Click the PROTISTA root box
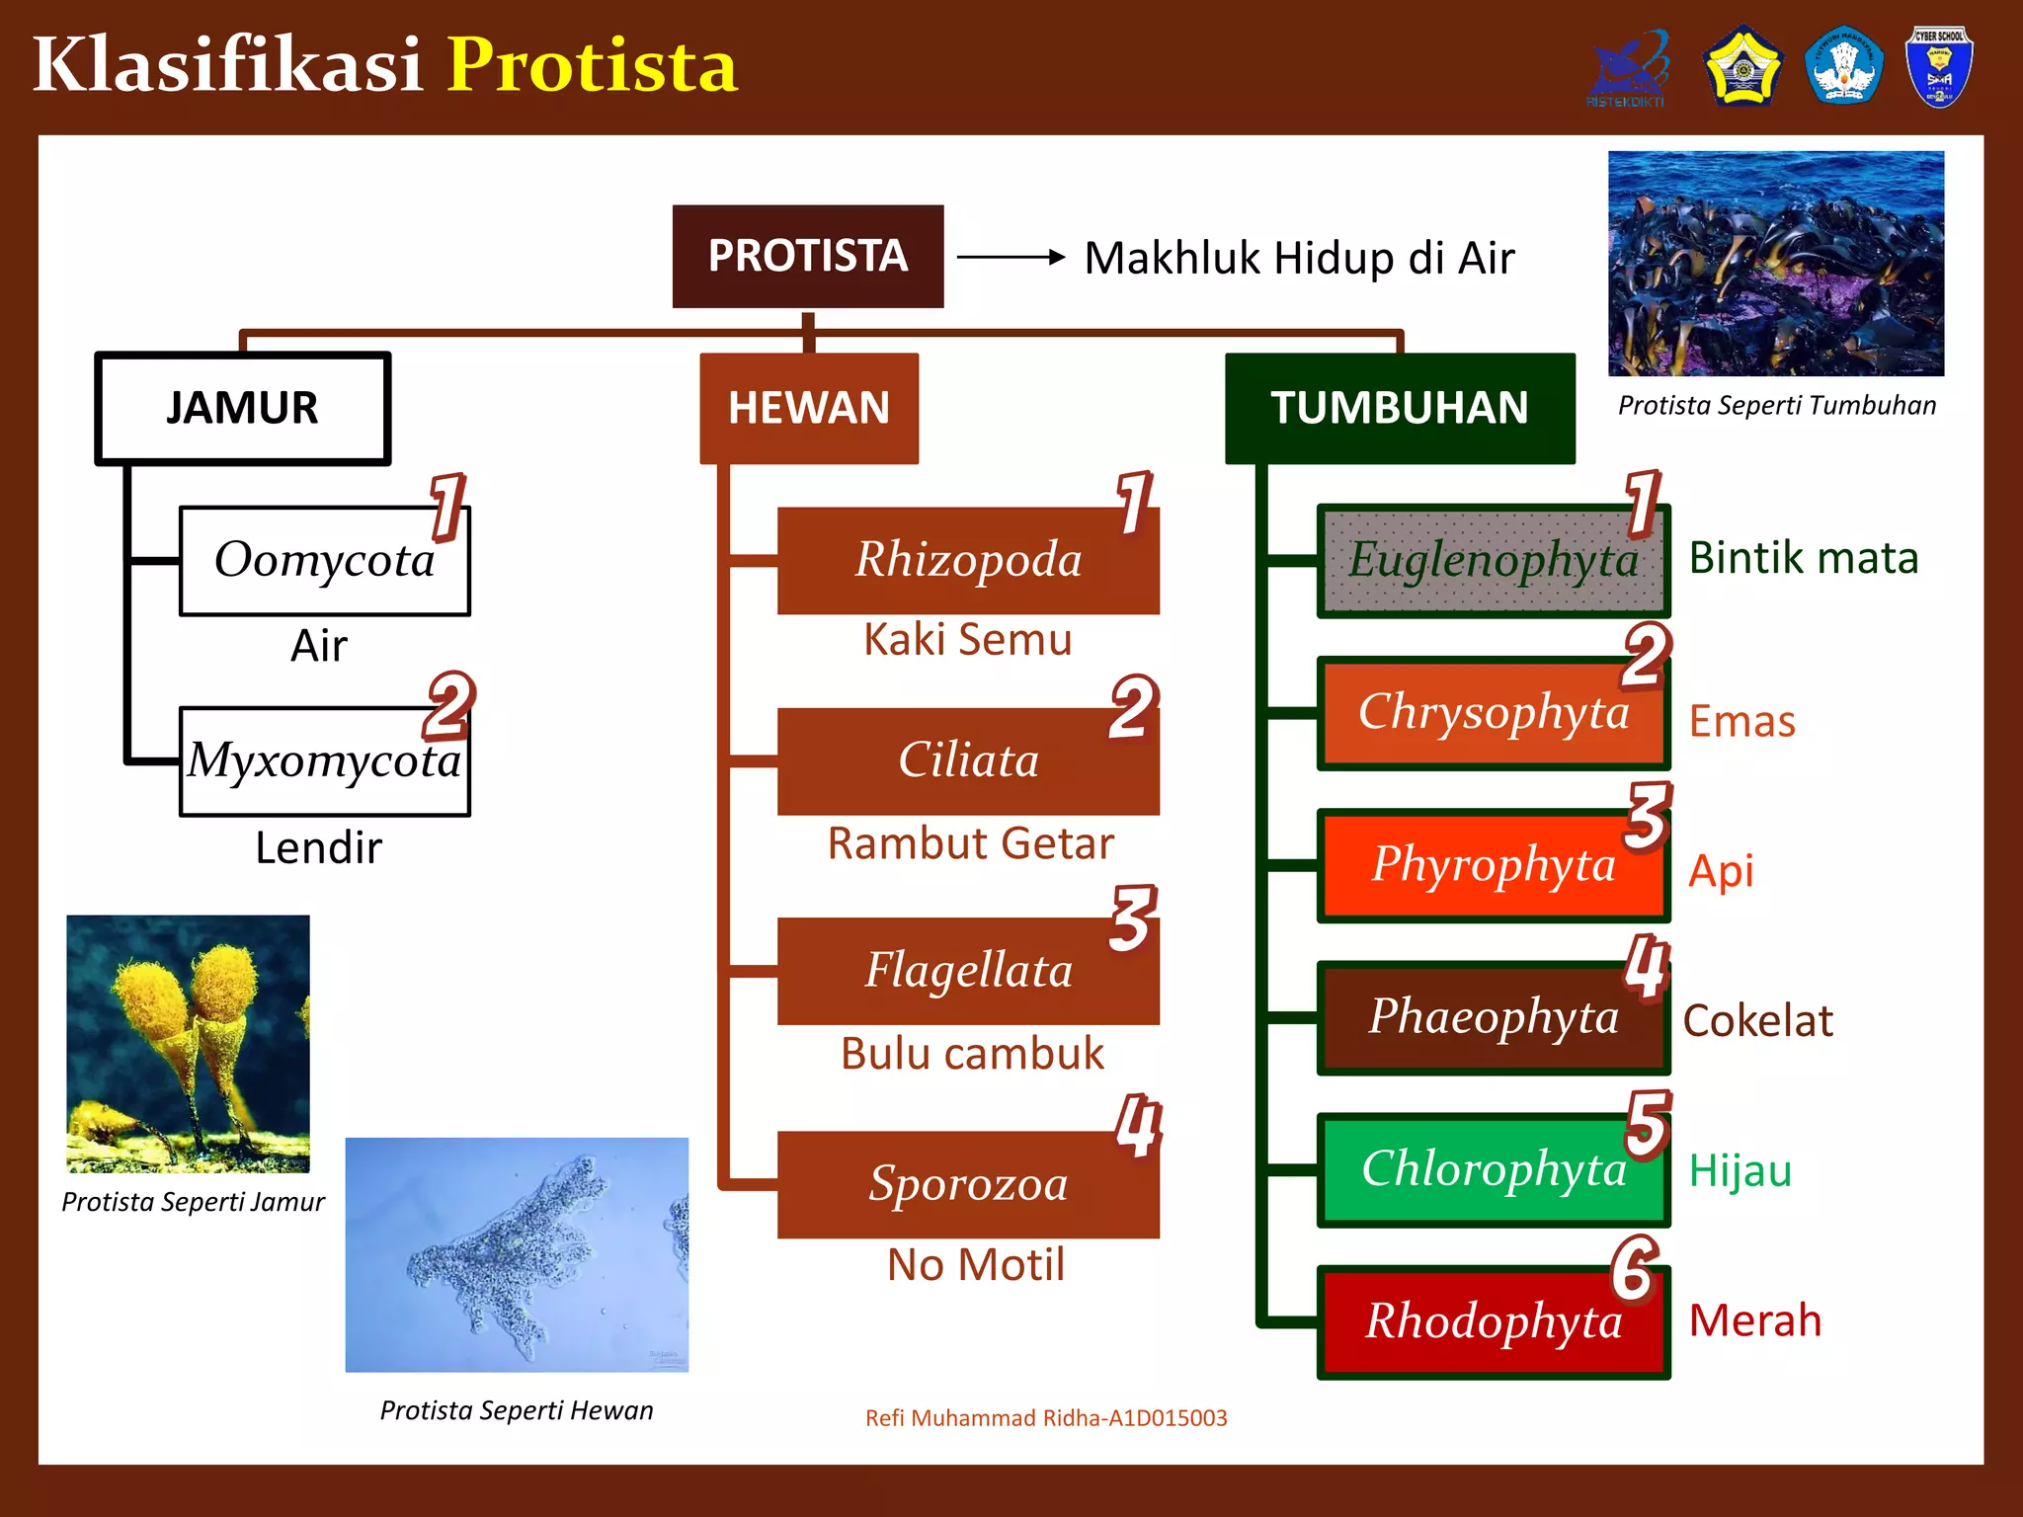pyautogui.click(x=807, y=256)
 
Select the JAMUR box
pyautogui.click(x=243, y=408)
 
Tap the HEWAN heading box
pyautogui.click(x=809, y=408)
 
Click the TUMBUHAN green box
pyautogui.click(x=1399, y=408)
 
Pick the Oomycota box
pyautogui.click(x=324, y=561)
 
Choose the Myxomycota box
pyautogui.click(x=324, y=761)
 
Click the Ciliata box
pyautogui.click(x=968, y=761)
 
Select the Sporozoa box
pyautogui.click(x=968, y=1184)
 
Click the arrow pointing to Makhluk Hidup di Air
pyautogui.click(x=1011, y=257)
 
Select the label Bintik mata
pyautogui.click(x=1804, y=558)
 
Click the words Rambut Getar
pyautogui.click(x=970, y=843)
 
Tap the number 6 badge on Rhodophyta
pyautogui.click(x=1635, y=1269)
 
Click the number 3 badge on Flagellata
pyautogui.click(x=1132, y=918)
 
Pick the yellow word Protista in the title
pyautogui.click(x=593, y=65)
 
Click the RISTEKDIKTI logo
pyautogui.click(x=1627, y=67)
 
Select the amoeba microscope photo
pyautogui.click(x=517, y=1254)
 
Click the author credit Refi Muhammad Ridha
pyautogui.click(x=1046, y=1418)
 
